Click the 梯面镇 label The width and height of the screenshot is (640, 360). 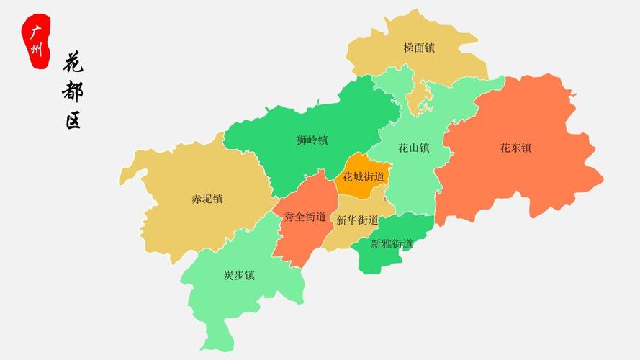(x=419, y=48)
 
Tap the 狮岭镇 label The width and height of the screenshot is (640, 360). (x=312, y=140)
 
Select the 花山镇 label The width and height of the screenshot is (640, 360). (x=414, y=148)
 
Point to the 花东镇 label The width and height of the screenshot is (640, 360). (x=515, y=148)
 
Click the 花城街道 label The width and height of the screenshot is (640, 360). (x=364, y=176)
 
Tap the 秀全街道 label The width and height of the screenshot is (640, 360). (x=305, y=216)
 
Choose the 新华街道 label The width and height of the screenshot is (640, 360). (x=357, y=220)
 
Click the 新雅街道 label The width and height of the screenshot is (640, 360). (x=392, y=243)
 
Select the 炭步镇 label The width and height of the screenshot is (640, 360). (x=239, y=275)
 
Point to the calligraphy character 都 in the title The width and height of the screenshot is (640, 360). (x=73, y=91)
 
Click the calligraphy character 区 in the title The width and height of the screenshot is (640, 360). (x=73, y=120)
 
